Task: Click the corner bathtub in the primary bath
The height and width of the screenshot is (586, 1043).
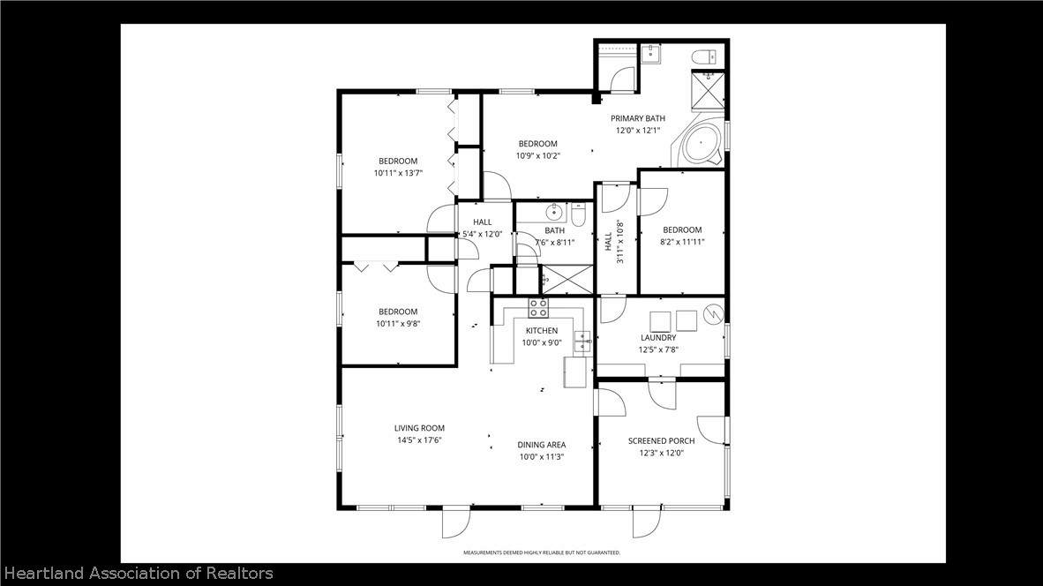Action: point(699,144)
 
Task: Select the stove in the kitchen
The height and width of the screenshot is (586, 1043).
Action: point(538,307)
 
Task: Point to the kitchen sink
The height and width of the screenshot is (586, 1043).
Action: point(582,342)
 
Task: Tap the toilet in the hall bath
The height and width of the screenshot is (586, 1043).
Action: point(577,214)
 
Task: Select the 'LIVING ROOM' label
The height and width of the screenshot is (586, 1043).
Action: point(419,428)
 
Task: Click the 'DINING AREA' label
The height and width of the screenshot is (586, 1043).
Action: point(542,445)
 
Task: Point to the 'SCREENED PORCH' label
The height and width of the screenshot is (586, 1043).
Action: point(661,441)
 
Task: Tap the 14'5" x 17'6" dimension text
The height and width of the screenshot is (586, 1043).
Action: point(419,440)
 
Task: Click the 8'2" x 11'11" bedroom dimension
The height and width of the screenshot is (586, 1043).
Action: point(682,242)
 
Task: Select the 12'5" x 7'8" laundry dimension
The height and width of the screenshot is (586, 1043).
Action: point(658,349)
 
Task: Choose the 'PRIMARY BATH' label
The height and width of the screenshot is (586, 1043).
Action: point(638,118)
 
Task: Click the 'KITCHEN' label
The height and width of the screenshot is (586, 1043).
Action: point(542,331)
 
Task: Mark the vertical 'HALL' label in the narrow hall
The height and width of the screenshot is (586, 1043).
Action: point(609,242)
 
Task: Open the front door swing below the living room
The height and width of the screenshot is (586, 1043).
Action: point(456,522)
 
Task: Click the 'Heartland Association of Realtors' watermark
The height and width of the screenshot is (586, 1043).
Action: point(139,574)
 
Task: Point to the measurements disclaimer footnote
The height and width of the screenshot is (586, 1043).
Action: point(542,552)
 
